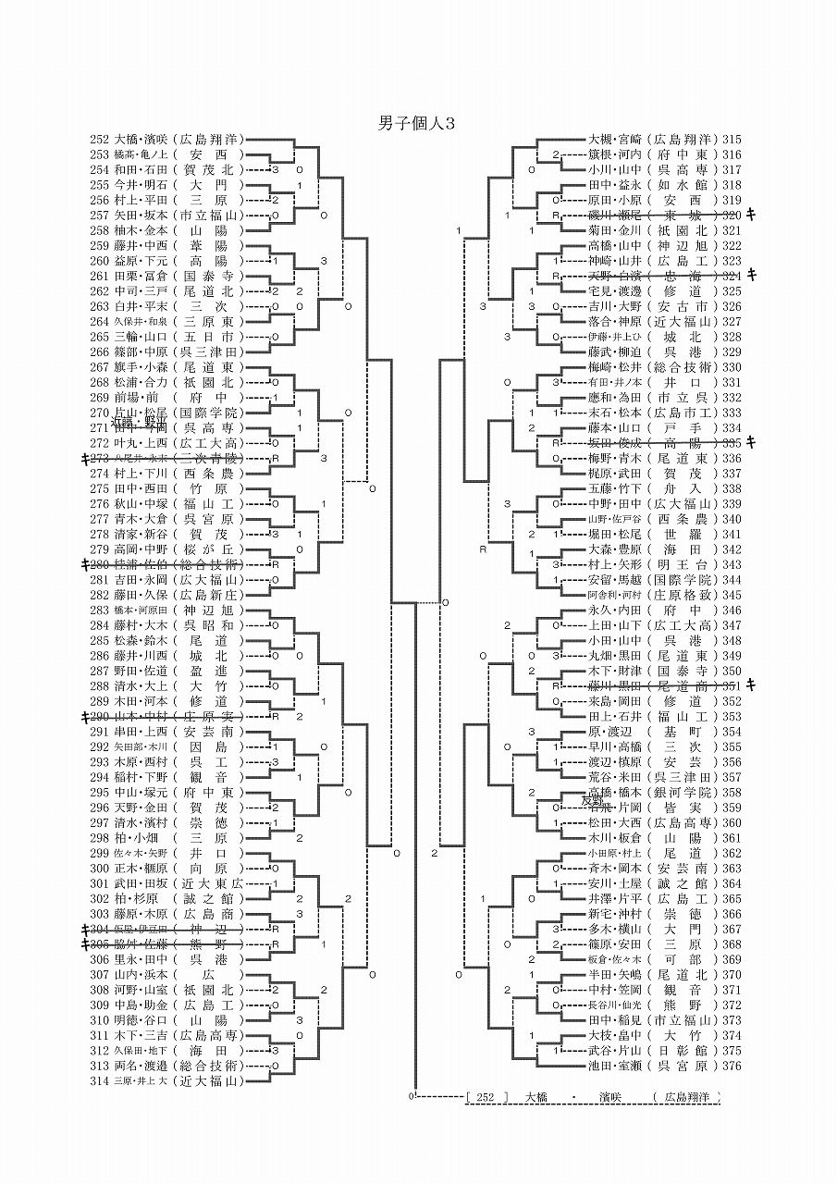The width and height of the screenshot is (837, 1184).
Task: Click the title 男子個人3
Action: (417, 122)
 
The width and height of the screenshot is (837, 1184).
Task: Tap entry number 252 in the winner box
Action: (487, 1097)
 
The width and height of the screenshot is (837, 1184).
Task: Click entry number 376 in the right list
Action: (732, 1066)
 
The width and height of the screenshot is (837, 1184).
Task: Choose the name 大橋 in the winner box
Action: (536, 1097)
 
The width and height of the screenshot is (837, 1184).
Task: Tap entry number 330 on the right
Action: (732, 367)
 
